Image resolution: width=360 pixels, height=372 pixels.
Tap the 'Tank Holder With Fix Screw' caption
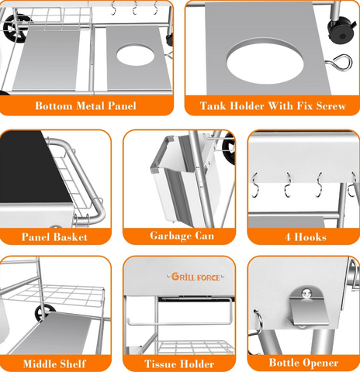272,105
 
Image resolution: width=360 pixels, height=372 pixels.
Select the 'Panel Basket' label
55,236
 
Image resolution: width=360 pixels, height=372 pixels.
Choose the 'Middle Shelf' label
55,362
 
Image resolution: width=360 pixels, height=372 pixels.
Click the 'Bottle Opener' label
303,362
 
